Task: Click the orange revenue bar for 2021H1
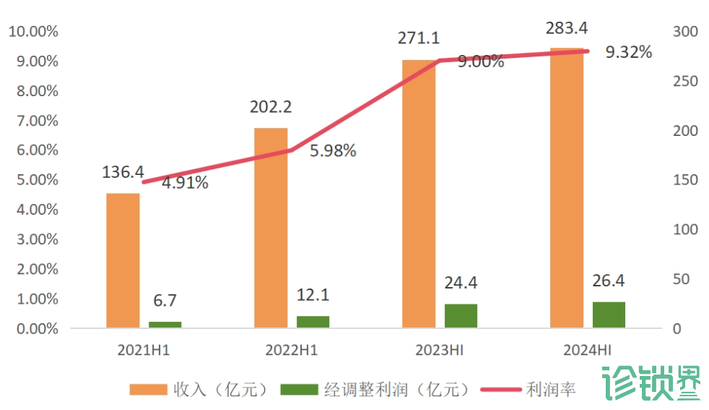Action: point(123,260)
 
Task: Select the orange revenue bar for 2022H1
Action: point(271,228)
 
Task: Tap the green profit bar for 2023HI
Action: point(461,316)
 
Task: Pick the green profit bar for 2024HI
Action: point(609,315)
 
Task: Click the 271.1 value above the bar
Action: point(419,38)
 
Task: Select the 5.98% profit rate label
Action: point(333,151)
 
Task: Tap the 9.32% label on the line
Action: point(629,52)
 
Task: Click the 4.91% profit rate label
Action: point(185,183)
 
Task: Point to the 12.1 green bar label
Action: point(313,295)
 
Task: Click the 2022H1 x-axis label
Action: point(292,351)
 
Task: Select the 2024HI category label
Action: point(587,351)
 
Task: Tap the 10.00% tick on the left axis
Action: point(32,32)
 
